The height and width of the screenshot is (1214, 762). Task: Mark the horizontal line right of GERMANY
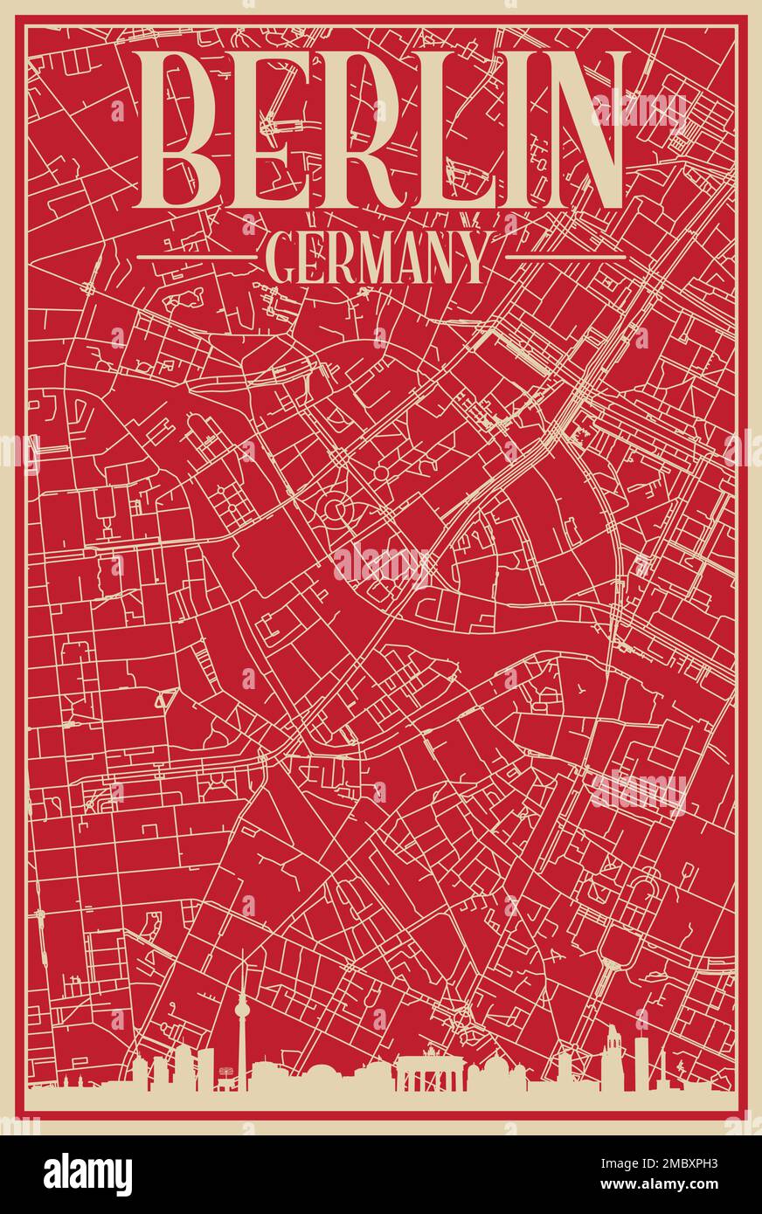[565, 257]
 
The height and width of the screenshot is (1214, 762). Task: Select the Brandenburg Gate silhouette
[427, 1073]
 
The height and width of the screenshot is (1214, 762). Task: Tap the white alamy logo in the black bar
[88, 1174]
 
